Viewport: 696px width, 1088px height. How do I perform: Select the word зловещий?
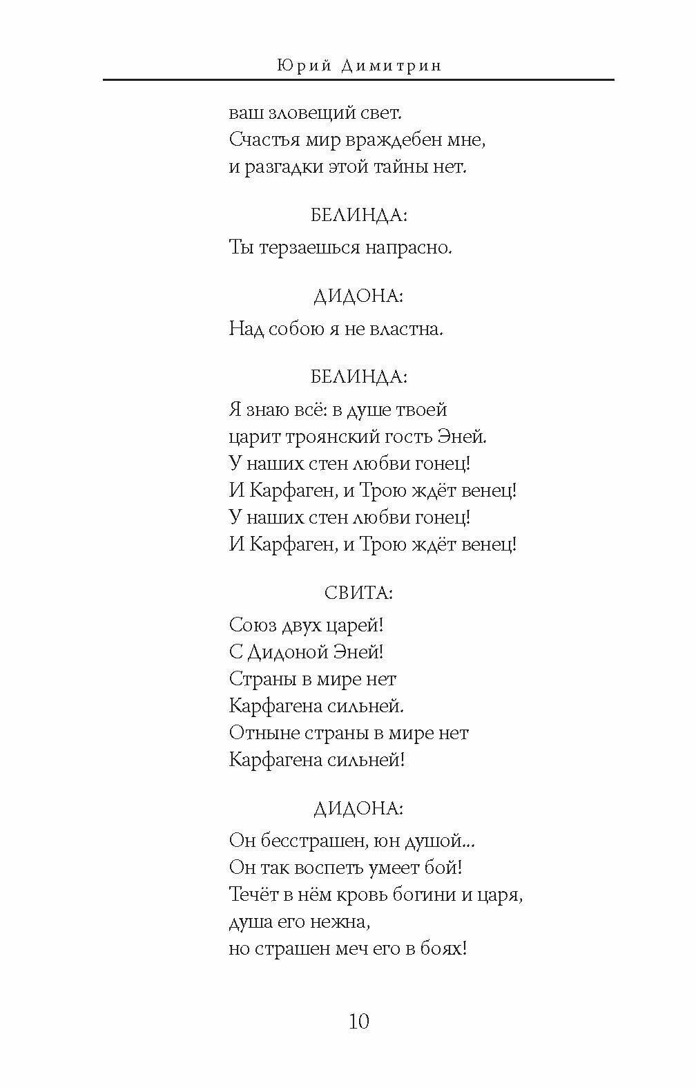[302, 113]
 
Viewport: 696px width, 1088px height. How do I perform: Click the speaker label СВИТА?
[358, 593]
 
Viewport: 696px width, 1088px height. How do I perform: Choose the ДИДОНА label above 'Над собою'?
[358, 296]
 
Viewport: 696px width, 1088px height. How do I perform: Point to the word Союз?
[252, 625]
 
